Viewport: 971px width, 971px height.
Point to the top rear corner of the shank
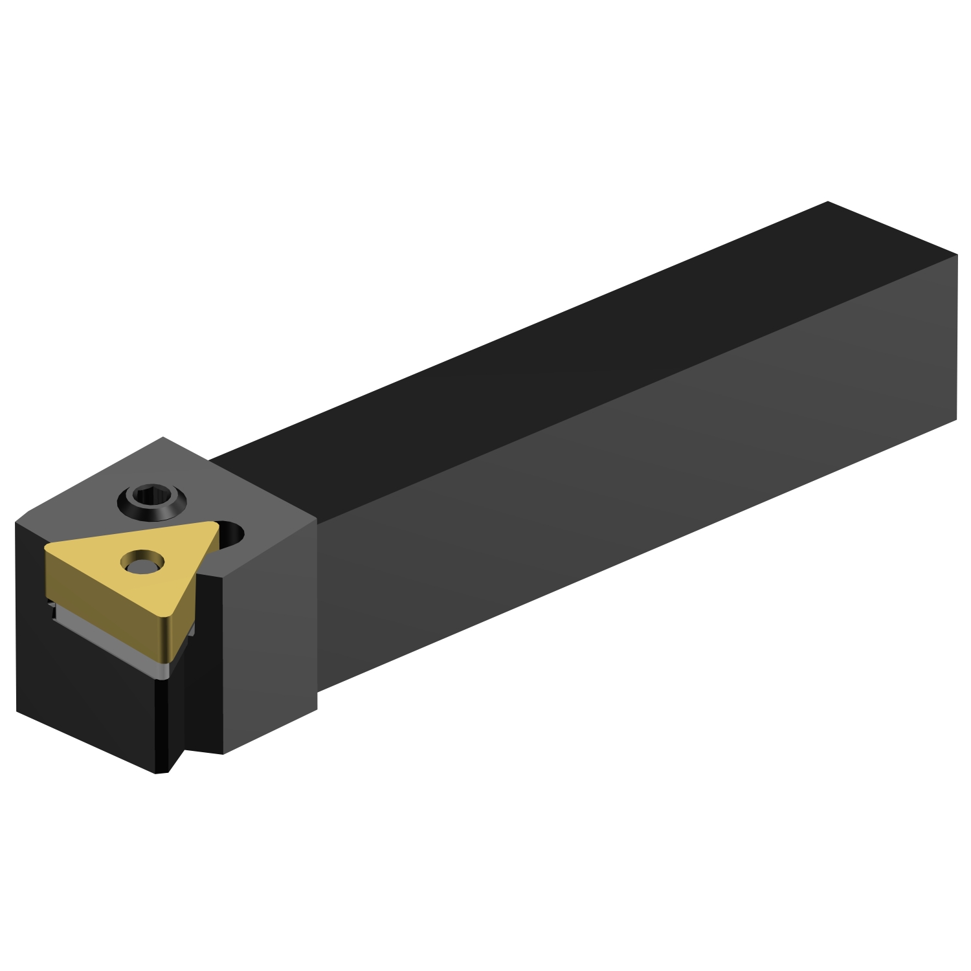(x=828, y=202)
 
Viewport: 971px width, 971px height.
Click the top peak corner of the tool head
(x=162, y=438)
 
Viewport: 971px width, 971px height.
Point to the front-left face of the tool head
(x=84, y=686)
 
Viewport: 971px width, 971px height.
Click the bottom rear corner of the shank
(x=956, y=419)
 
